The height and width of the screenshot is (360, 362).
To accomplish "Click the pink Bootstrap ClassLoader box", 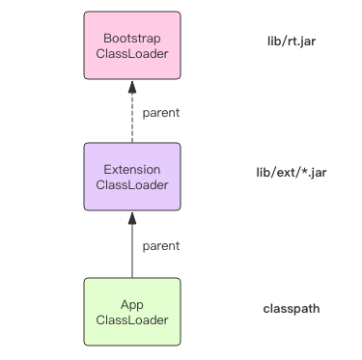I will [x=131, y=45].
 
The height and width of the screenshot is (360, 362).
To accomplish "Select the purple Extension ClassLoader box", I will [x=131, y=177].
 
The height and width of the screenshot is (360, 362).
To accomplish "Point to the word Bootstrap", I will [x=131, y=38].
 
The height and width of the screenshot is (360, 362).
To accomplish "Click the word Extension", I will [x=131, y=169].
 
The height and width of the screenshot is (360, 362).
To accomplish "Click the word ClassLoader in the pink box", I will [x=131, y=54].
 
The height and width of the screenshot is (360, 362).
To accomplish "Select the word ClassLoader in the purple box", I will [x=131, y=185].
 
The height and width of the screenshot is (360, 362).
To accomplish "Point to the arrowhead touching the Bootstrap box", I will [x=131, y=87].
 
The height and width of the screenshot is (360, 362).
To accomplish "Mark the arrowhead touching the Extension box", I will [x=131, y=218].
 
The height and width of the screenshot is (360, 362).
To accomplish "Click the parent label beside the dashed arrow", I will [x=160, y=113].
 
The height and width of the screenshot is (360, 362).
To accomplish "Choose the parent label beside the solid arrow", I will [x=160, y=245].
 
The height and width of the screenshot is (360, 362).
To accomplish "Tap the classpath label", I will [x=292, y=310].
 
